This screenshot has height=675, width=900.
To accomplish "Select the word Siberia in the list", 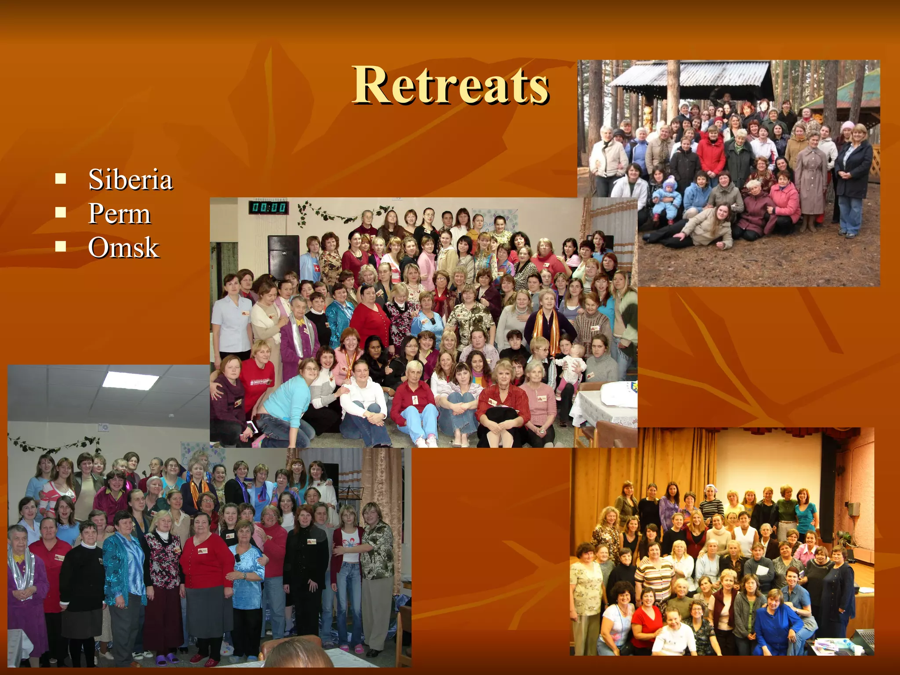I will tap(130, 180).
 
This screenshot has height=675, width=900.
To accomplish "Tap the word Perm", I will tap(119, 214).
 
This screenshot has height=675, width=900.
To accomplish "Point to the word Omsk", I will tap(123, 247).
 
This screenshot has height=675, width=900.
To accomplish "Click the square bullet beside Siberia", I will tap(61, 179).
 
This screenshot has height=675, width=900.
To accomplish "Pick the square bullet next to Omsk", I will tap(61, 247).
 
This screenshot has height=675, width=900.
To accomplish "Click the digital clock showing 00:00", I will tap(269, 207).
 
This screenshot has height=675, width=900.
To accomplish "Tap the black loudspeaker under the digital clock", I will tap(283, 257).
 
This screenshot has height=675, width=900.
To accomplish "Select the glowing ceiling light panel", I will tap(131, 380).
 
